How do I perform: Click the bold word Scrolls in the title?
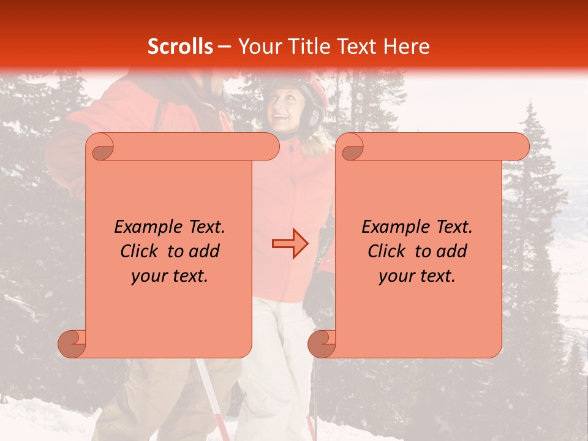(180, 47)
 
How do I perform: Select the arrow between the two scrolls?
(290, 244)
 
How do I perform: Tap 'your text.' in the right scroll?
(417, 276)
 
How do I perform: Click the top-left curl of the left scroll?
(101, 147)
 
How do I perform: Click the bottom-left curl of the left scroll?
(72, 343)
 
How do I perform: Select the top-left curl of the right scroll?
(351, 147)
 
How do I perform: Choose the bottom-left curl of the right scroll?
(322, 343)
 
